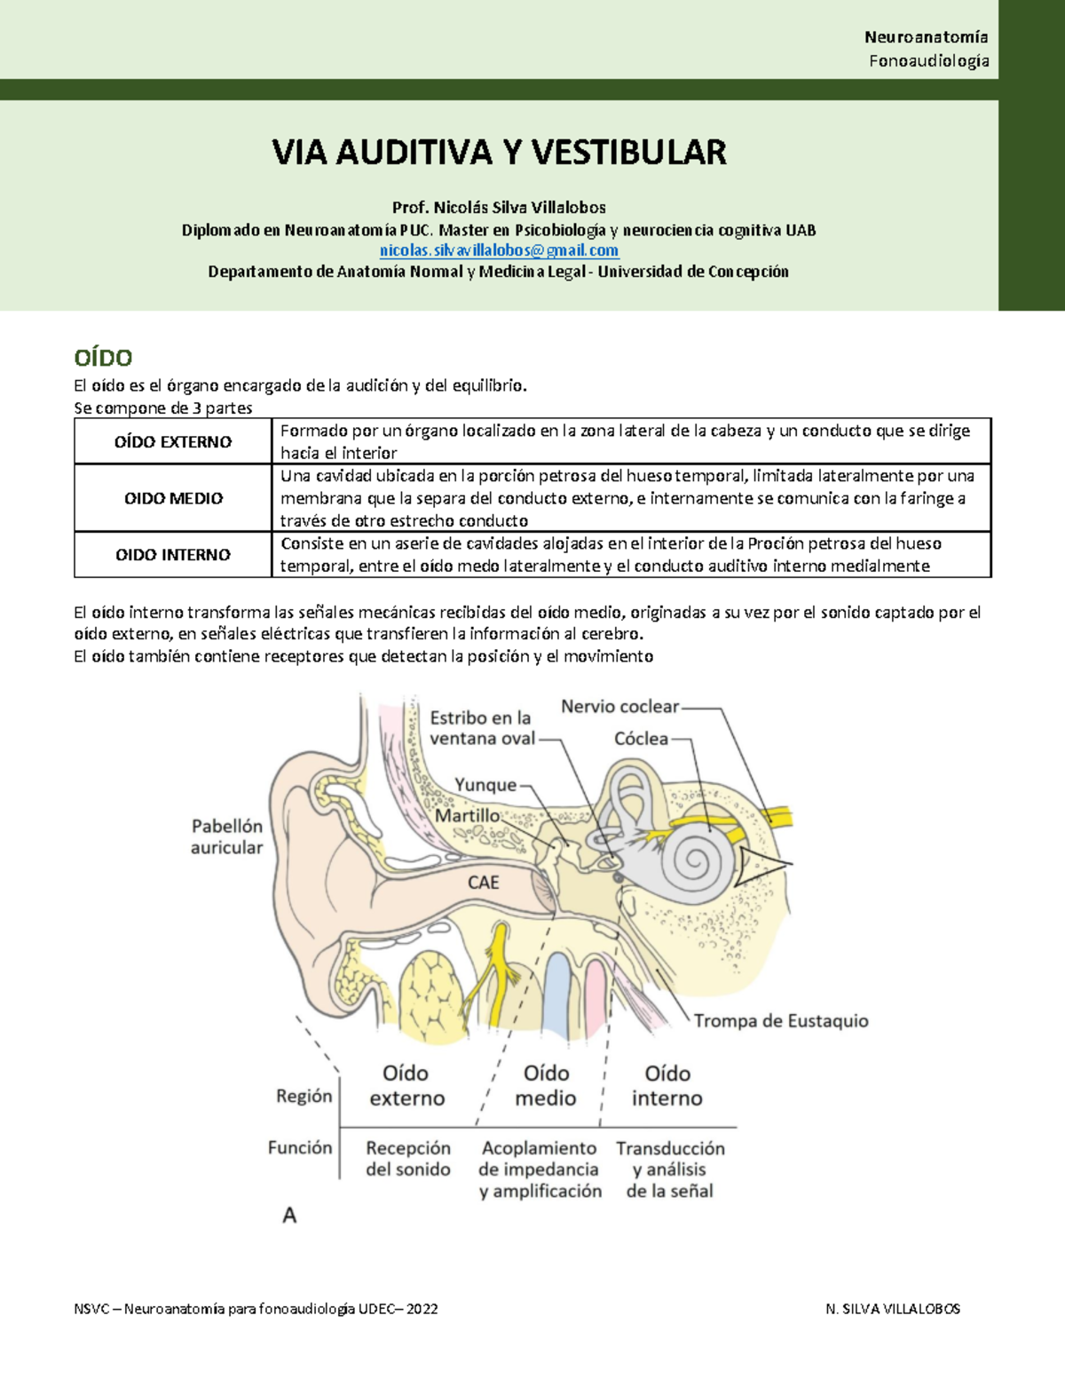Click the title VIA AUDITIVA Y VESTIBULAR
coord(499,153)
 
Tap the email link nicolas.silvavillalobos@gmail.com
coord(499,250)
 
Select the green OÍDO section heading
coord(103,358)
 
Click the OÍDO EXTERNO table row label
coord(173,442)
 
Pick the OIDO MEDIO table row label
coord(173,498)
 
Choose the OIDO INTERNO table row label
coord(173,555)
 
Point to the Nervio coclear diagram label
coord(619,707)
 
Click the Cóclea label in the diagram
coord(641,739)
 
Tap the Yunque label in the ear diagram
coord(485,785)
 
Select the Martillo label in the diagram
coord(467,815)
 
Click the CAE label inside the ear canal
coord(483,882)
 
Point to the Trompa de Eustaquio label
coord(781,1021)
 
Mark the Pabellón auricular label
coord(227,836)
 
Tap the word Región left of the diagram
coord(304,1096)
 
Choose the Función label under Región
coord(300,1147)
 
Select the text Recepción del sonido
coord(408,1159)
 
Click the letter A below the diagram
coord(289,1215)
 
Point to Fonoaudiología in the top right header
coord(928,60)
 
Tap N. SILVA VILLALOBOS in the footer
coord(892,1309)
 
